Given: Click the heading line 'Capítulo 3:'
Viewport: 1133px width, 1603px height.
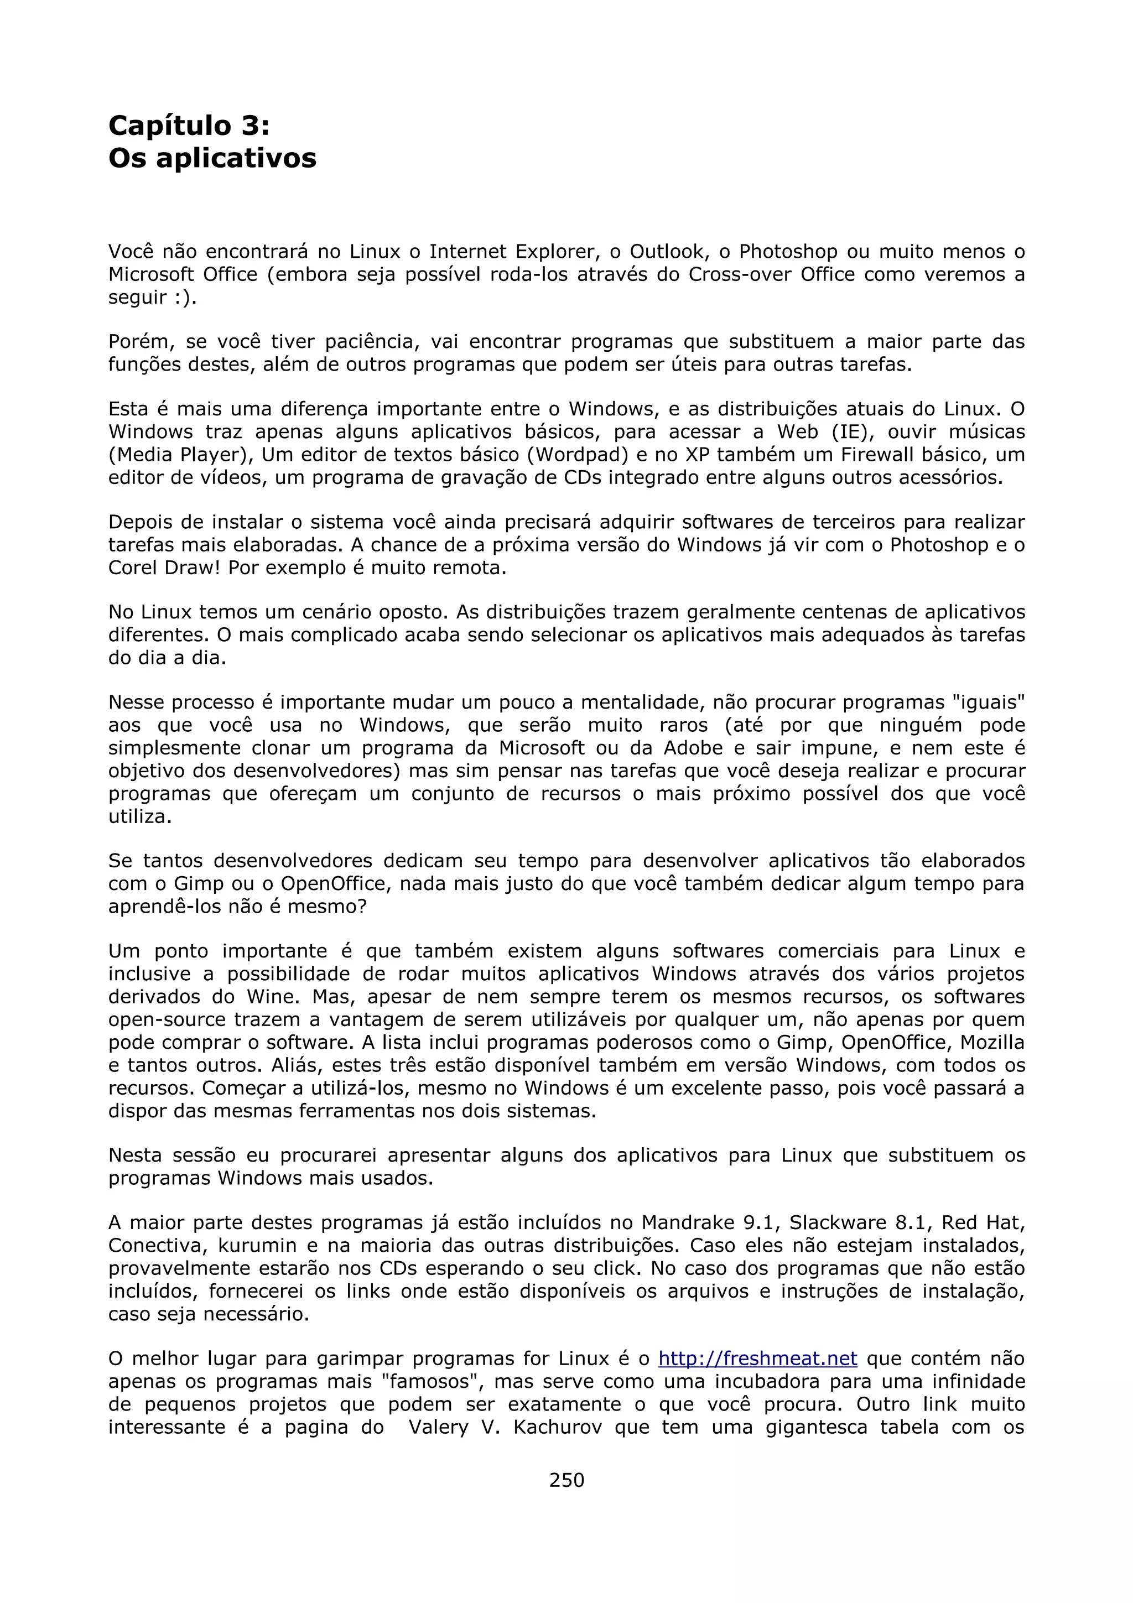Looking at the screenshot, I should [189, 126].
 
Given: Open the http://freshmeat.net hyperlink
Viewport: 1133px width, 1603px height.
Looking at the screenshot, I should [757, 1359].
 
